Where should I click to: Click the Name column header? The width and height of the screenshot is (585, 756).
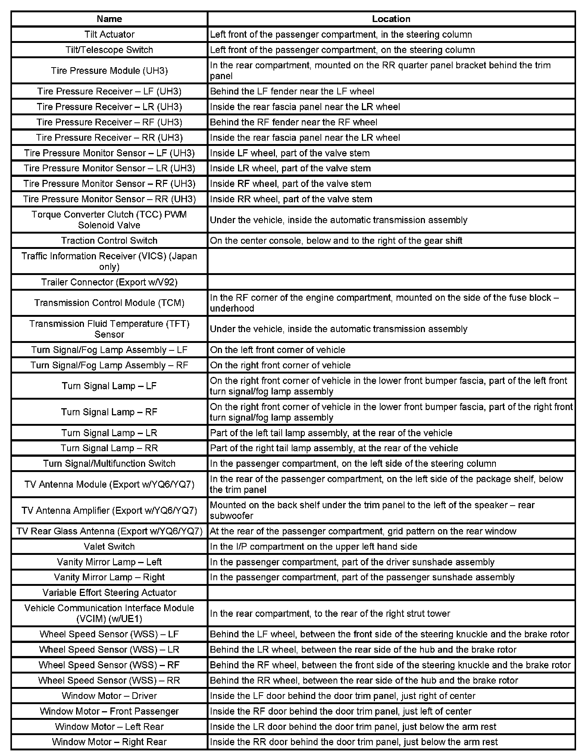coord(109,19)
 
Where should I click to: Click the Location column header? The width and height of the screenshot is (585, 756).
coord(391,19)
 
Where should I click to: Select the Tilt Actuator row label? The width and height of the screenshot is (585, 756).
coord(109,34)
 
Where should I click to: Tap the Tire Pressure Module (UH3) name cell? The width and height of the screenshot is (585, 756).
coord(109,71)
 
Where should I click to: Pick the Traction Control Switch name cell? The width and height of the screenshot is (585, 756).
coord(109,241)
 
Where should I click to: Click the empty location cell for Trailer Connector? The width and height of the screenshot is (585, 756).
coord(391,282)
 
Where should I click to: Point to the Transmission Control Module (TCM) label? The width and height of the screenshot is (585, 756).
coord(109,303)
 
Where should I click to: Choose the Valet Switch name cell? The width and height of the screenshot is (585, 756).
coord(109,547)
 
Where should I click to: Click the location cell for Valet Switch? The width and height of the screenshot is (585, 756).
coord(313,547)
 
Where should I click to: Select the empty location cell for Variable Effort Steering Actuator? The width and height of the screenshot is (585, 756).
coord(391,593)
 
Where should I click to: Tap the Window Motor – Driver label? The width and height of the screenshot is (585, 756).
coord(109,696)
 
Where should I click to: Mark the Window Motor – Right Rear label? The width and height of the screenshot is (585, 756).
coord(109,742)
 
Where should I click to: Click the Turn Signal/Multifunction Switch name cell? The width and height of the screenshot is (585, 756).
coord(109,463)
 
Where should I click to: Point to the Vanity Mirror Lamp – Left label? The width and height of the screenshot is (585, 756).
coord(109,562)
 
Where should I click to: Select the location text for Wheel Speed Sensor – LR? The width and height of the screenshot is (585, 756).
coord(363,650)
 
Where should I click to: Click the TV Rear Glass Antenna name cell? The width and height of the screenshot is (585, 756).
coord(109,531)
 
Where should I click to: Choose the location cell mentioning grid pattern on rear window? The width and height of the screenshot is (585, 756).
coord(363,531)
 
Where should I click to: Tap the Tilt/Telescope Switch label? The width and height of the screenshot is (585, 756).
coord(109,50)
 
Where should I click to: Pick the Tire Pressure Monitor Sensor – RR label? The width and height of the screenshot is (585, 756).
coord(109,199)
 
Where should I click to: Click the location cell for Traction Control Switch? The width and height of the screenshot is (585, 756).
coord(336,241)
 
